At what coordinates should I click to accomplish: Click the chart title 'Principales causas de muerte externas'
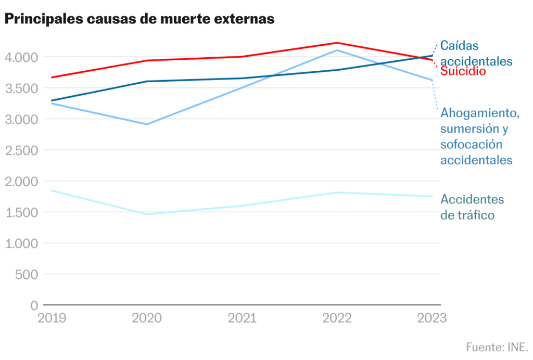(x=139, y=19)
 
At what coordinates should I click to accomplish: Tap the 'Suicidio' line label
(x=463, y=71)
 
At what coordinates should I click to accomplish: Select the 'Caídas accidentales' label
(x=476, y=53)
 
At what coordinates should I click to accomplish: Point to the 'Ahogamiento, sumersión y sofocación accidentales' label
(x=480, y=136)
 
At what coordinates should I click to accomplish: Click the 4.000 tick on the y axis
(x=22, y=57)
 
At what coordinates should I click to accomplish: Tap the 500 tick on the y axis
(x=27, y=274)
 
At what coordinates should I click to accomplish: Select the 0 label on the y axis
(x=34, y=305)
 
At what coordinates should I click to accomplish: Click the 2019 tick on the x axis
(x=52, y=318)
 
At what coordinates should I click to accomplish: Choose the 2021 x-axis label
(x=242, y=318)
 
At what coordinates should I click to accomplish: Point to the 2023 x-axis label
(x=432, y=318)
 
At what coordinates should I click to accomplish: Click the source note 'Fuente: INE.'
(x=497, y=347)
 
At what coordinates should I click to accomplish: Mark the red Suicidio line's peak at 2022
(x=337, y=43)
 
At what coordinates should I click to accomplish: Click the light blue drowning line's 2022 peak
(x=337, y=50)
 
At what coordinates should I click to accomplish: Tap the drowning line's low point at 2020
(x=147, y=124)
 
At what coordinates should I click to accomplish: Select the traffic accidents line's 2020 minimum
(x=147, y=214)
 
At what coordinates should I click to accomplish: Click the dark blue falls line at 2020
(x=147, y=81)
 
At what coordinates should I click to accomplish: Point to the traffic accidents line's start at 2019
(x=52, y=190)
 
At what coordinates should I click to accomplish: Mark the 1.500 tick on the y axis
(x=22, y=212)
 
